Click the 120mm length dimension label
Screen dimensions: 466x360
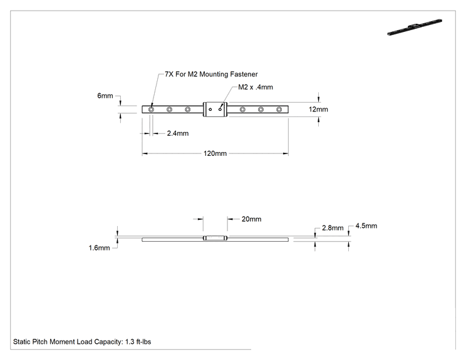[x=215, y=153]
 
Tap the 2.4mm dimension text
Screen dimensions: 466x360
[x=178, y=133]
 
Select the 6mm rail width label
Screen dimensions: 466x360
[x=105, y=96]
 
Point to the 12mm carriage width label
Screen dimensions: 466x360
[x=318, y=110]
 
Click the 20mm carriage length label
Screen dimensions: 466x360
[x=251, y=219]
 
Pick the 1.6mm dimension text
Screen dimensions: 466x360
[x=99, y=248]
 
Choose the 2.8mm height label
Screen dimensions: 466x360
[x=333, y=228]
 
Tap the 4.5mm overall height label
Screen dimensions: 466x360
[x=366, y=226]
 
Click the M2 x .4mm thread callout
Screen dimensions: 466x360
[x=256, y=87]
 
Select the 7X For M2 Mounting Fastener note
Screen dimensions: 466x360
[x=211, y=75]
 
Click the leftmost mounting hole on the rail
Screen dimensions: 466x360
[x=152, y=110]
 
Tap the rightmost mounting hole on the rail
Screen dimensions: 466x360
[x=279, y=110]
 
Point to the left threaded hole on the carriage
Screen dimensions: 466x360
[x=210, y=110]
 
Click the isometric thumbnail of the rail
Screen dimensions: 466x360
[x=415, y=28]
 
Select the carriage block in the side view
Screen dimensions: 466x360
[x=215, y=238]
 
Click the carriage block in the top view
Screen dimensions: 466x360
[x=215, y=110]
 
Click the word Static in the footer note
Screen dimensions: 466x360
[x=21, y=342]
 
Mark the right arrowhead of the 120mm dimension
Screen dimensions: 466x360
[x=286, y=153]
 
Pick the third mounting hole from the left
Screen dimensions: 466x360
[x=187, y=110]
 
